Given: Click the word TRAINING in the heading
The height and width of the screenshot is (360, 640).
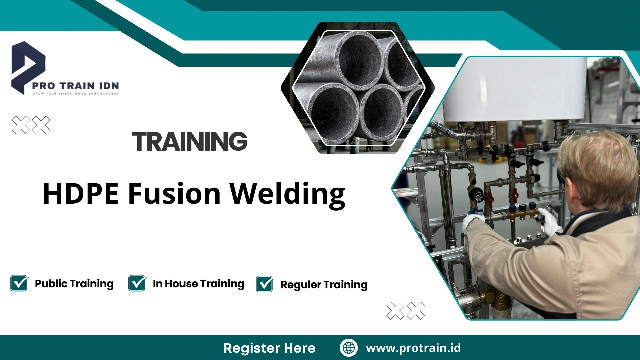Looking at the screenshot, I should (x=190, y=141).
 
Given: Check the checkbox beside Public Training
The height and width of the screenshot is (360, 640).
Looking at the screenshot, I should (x=19, y=283).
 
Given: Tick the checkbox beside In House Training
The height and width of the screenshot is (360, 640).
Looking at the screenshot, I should (x=137, y=283).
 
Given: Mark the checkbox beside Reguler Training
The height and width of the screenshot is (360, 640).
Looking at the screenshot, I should (x=265, y=284).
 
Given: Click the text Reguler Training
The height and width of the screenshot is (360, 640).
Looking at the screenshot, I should (x=324, y=285).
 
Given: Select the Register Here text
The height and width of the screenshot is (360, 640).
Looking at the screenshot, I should (x=269, y=348).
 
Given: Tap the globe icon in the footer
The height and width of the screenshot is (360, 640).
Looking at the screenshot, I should (x=349, y=348).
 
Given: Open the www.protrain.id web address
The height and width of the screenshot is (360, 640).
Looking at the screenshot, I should (x=413, y=348).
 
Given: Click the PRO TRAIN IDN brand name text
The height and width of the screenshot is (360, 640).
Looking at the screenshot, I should (x=75, y=86).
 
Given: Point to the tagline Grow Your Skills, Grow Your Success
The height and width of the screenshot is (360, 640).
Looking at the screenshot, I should (x=75, y=94).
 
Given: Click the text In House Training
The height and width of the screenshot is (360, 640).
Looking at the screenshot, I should (x=198, y=284).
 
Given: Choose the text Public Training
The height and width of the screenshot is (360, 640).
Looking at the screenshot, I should (x=74, y=284).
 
